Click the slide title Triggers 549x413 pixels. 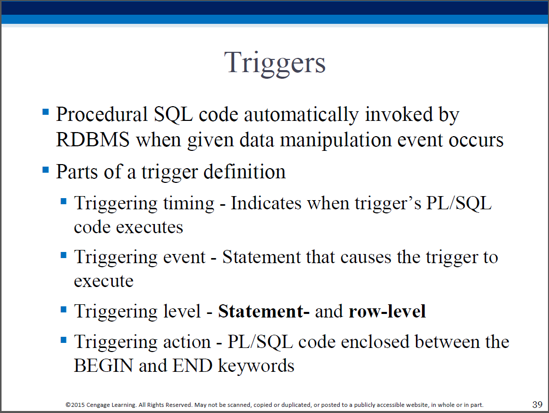pyautogui.click(x=275, y=63)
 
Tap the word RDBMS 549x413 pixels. pyautogui.click(x=93, y=139)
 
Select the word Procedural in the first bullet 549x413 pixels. pyautogui.click(x=102, y=114)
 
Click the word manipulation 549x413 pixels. pyautogui.click(x=335, y=141)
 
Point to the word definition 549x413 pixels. pyautogui.click(x=244, y=172)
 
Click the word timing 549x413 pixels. pyautogui.click(x=189, y=204)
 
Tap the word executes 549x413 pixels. pyautogui.click(x=149, y=228)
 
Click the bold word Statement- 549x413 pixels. pyautogui.click(x=264, y=311)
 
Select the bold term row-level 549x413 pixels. pyautogui.click(x=387, y=311)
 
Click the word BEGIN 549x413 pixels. pyautogui.click(x=104, y=366)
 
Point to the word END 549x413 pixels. pyautogui.click(x=192, y=366)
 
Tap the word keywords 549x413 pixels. pyautogui.click(x=256, y=366)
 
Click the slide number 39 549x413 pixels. pyautogui.click(x=537, y=404)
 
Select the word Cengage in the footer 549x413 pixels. pyautogui.click(x=98, y=405)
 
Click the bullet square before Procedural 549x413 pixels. pyautogui.click(x=46, y=112)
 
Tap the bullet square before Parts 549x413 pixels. pyautogui.click(x=46, y=170)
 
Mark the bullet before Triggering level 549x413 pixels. pyautogui.click(x=63, y=309)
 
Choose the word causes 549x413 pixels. pyautogui.click(x=366, y=258)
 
